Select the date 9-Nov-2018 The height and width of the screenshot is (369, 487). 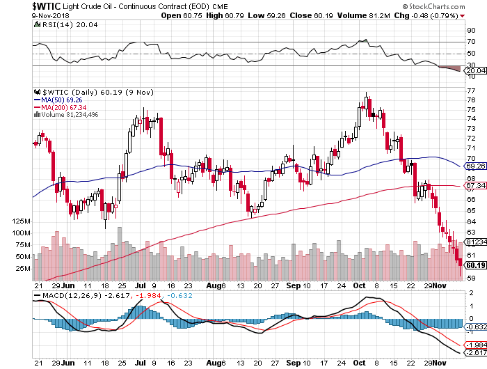18,15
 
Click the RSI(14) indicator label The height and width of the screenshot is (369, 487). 52,24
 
